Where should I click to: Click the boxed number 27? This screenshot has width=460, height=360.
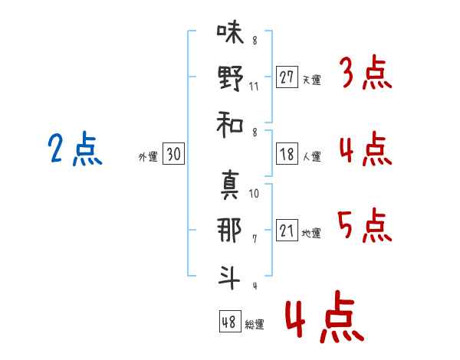(287, 77)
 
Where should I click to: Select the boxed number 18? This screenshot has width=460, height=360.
(287, 154)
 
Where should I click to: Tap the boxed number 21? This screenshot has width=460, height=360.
(287, 231)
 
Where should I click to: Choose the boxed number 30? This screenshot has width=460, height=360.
(173, 154)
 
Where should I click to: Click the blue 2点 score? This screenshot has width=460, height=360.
(74, 149)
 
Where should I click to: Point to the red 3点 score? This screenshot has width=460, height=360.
(365, 74)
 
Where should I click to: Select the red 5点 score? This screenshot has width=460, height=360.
(365, 225)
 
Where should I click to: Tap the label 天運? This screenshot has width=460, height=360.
(311, 80)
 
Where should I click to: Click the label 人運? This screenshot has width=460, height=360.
(311, 156)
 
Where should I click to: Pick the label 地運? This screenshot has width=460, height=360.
(311, 233)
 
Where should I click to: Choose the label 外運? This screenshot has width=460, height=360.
(148, 156)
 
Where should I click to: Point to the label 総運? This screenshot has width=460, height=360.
(255, 324)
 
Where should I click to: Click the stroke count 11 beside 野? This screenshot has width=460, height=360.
(254, 87)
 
